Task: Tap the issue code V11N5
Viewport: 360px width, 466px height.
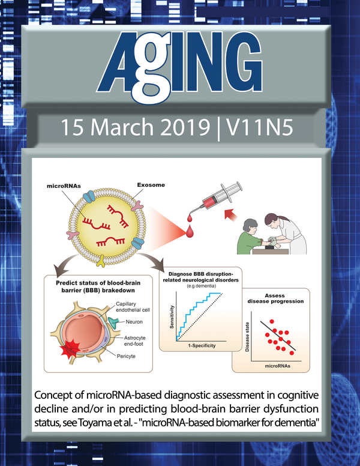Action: tap(259, 127)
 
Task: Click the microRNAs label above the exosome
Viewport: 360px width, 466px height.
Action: tap(64, 186)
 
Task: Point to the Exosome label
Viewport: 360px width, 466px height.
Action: tap(151, 185)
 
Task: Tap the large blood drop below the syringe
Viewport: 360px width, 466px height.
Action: tap(190, 231)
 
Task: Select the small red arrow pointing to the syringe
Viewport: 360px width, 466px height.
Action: tap(230, 214)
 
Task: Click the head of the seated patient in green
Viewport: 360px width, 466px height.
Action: tap(250, 226)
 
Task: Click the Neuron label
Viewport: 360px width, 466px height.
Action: tap(134, 322)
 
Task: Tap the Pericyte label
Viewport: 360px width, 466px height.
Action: tap(126, 356)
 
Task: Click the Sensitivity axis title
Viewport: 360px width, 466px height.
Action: tap(172, 317)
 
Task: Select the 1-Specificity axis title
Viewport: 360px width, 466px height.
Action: tap(202, 346)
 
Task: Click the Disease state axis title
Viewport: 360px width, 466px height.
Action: tap(247, 337)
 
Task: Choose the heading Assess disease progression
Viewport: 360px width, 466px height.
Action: tap(275, 298)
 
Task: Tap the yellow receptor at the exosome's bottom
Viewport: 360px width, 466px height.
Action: tap(101, 261)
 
